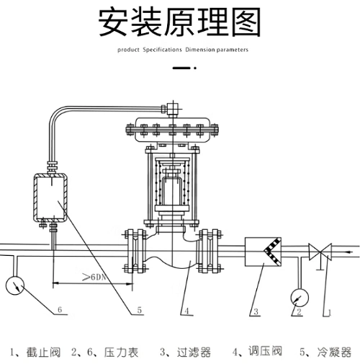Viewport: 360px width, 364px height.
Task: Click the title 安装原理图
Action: tap(179, 23)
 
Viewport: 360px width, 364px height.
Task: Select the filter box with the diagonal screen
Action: tap(264, 252)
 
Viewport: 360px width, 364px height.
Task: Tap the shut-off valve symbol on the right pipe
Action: tap(318, 252)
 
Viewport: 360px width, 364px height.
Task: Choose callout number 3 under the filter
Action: tap(253, 311)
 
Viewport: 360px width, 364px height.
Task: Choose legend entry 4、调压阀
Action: tap(257, 352)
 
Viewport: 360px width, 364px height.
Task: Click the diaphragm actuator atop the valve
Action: tap(172, 130)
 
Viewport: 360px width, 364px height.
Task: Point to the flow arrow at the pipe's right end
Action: tap(349, 252)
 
